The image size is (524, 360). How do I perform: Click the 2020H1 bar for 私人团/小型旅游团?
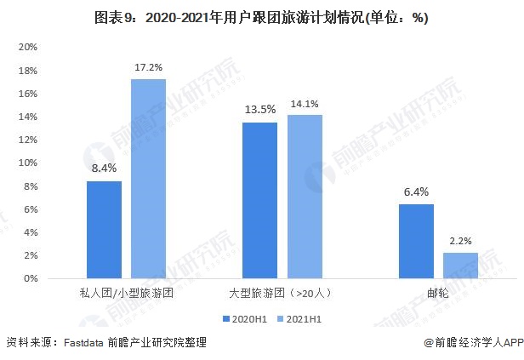click(x=104, y=230)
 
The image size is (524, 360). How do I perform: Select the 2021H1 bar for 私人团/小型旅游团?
click(x=147, y=179)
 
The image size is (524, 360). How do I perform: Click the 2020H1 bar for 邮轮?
click(x=416, y=241)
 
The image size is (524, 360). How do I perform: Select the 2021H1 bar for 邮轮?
click(x=460, y=265)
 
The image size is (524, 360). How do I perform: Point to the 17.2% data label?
click(x=147, y=66)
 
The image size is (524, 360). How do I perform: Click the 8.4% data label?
click(x=104, y=169)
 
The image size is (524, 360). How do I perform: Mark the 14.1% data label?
click(x=304, y=105)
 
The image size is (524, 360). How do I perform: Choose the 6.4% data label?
click(x=416, y=191)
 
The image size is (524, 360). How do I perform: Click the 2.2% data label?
click(x=460, y=240)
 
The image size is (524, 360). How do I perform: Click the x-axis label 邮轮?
click(x=438, y=292)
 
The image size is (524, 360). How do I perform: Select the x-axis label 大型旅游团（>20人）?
click(x=282, y=292)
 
